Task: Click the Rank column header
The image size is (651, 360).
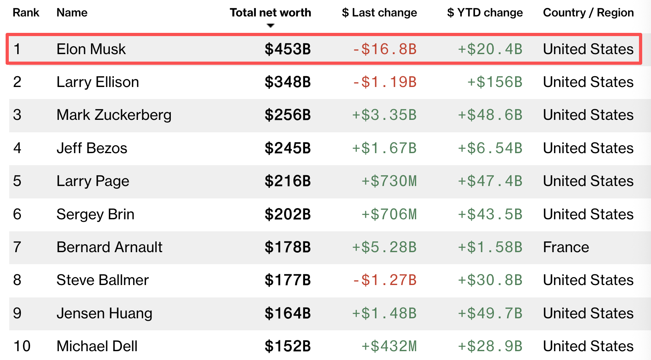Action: [x=26, y=13]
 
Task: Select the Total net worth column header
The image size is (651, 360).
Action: [x=270, y=13]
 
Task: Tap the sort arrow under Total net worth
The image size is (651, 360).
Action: [x=271, y=26]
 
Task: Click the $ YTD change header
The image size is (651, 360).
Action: [x=485, y=13]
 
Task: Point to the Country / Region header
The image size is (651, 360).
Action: [x=588, y=13]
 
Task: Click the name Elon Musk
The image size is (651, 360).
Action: [x=91, y=49]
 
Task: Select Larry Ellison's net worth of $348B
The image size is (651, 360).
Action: [x=287, y=82]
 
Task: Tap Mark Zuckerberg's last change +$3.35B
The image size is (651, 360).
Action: [x=384, y=115]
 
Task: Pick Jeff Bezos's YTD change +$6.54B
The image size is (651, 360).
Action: [x=490, y=148]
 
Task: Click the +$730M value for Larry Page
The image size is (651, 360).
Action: [x=389, y=181]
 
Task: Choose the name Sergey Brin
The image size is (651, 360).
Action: [x=95, y=214]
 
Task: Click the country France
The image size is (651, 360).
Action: [x=566, y=247]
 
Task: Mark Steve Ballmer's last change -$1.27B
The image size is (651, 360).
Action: [x=384, y=280]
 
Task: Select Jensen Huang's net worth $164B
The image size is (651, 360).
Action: [x=287, y=313]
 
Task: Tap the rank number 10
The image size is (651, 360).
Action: [x=22, y=346]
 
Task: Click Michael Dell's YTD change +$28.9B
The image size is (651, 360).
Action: [x=490, y=346]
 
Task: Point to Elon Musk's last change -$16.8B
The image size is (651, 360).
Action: [x=384, y=49]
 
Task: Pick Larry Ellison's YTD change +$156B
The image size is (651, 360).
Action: [x=495, y=82]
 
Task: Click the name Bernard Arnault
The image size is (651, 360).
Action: [x=109, y=247]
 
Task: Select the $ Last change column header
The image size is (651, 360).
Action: [x=379, y=13]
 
